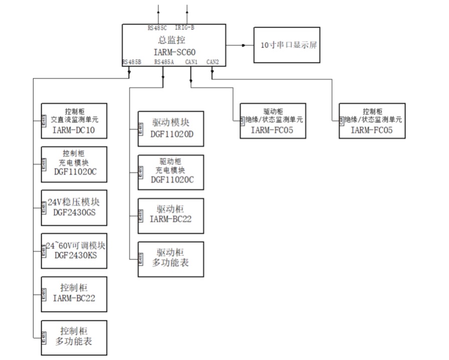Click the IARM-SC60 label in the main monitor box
tap(174, 51)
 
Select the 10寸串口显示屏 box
tap(286, 45)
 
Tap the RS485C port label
tap(157, 28)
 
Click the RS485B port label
tap(131, 62)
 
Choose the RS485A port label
tap(164, 62)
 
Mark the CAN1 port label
tap(191, 62)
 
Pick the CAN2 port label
tap(212, 62)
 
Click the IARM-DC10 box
tap(74, 121)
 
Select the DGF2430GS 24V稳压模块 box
tap(74, 207)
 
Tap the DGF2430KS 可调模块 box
tap(74, 251)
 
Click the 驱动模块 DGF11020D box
tap(171, 128)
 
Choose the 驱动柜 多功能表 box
tap(171, 259)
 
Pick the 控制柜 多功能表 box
tap(74, 337)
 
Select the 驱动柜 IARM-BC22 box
tap(171, 216)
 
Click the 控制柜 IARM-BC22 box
tap(74, 294)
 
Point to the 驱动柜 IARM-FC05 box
tap(273, 121)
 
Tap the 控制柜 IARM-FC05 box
tap(372, 121)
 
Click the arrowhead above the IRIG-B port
tap(187, 8)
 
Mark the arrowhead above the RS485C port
tap(159, 8)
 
